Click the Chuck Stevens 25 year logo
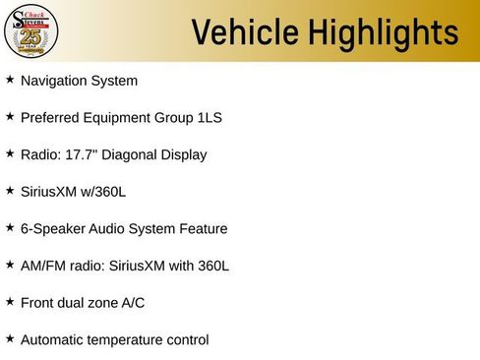(31, 31)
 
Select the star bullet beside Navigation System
(10, 80)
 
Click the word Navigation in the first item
(54, 81)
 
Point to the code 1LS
(209, 118)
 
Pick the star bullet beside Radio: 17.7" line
(10, 153)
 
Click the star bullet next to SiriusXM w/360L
(10, 191)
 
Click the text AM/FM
(42, 266)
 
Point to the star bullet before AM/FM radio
(10, 265)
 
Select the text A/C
(133, 303)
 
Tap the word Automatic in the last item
(53, 340)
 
